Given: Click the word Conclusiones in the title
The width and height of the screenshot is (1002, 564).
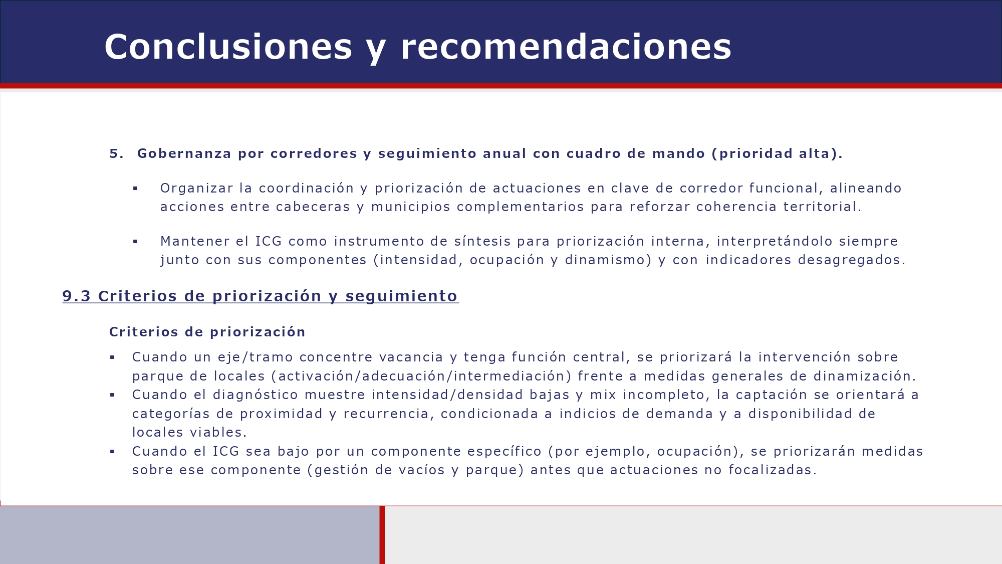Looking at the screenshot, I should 228,47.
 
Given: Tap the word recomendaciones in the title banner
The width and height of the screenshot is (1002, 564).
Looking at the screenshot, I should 566,47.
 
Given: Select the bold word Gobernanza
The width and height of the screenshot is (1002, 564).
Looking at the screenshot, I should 184,153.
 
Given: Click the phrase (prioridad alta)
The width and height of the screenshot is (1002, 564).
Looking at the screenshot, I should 777,153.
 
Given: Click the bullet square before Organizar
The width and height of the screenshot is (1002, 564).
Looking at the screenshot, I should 135,189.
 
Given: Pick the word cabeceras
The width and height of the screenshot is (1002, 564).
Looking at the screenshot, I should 313,207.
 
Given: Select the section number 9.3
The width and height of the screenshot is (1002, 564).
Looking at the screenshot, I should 76,296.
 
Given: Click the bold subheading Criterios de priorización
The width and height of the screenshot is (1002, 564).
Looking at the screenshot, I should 207,332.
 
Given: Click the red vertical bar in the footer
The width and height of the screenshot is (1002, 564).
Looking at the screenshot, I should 382,534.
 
